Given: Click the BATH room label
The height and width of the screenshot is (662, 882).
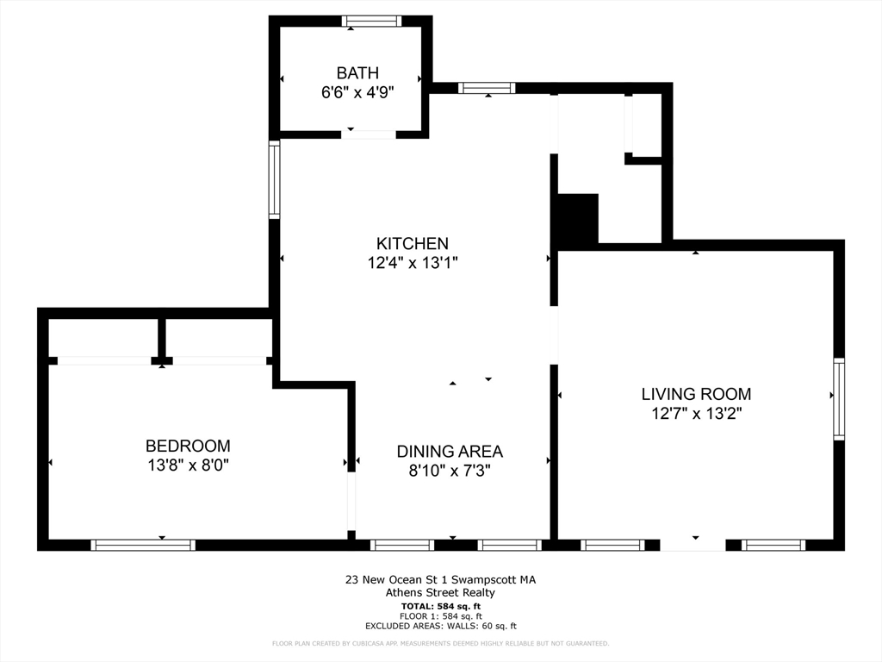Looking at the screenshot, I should pyautogui.click(x=357, y=73).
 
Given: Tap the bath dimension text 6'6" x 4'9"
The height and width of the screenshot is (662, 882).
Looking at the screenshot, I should pyautogui.click(x=357, y=91).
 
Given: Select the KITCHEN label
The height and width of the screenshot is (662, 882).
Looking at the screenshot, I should pyautogui.click(x=412, y=244).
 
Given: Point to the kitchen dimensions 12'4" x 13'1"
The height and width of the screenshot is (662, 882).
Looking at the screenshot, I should pyautogui.click(x=412, y=263).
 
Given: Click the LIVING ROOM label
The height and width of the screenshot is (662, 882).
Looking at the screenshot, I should pyautogui.click(x=696, y=394).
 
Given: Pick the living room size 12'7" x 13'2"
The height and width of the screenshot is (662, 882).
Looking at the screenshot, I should pyautogui.click(x=696, y=413).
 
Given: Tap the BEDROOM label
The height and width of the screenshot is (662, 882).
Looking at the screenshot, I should pyautogui.click(x=188, y=446).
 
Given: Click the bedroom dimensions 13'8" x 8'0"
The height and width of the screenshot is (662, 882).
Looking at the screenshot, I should pyautogui.click(x=188, y=465).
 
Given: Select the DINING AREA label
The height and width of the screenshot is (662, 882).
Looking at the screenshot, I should pyautogui.click(x=450, y=451).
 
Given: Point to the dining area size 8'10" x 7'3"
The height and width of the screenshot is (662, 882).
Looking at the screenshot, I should pyautogui.click(x=450, y=470).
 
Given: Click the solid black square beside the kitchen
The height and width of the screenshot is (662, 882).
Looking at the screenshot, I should pyautogui.click(x=578, y=219).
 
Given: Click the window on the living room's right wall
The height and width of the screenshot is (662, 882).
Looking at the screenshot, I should pyautogui.click(x=839, y=399).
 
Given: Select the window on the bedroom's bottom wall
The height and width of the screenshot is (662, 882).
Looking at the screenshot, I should pyautogui.click(x=143, y=545).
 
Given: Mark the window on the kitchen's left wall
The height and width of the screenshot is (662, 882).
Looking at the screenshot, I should pyautogui.click(x=274, y=179).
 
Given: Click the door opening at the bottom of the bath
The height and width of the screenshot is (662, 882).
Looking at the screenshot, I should pyautogui.click(x=369, y=134).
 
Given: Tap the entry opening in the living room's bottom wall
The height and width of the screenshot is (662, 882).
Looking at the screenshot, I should pyautogui.click(x=693, y=545).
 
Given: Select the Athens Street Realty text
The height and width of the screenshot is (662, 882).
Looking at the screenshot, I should pyautogui.click(x=440, y=592).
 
